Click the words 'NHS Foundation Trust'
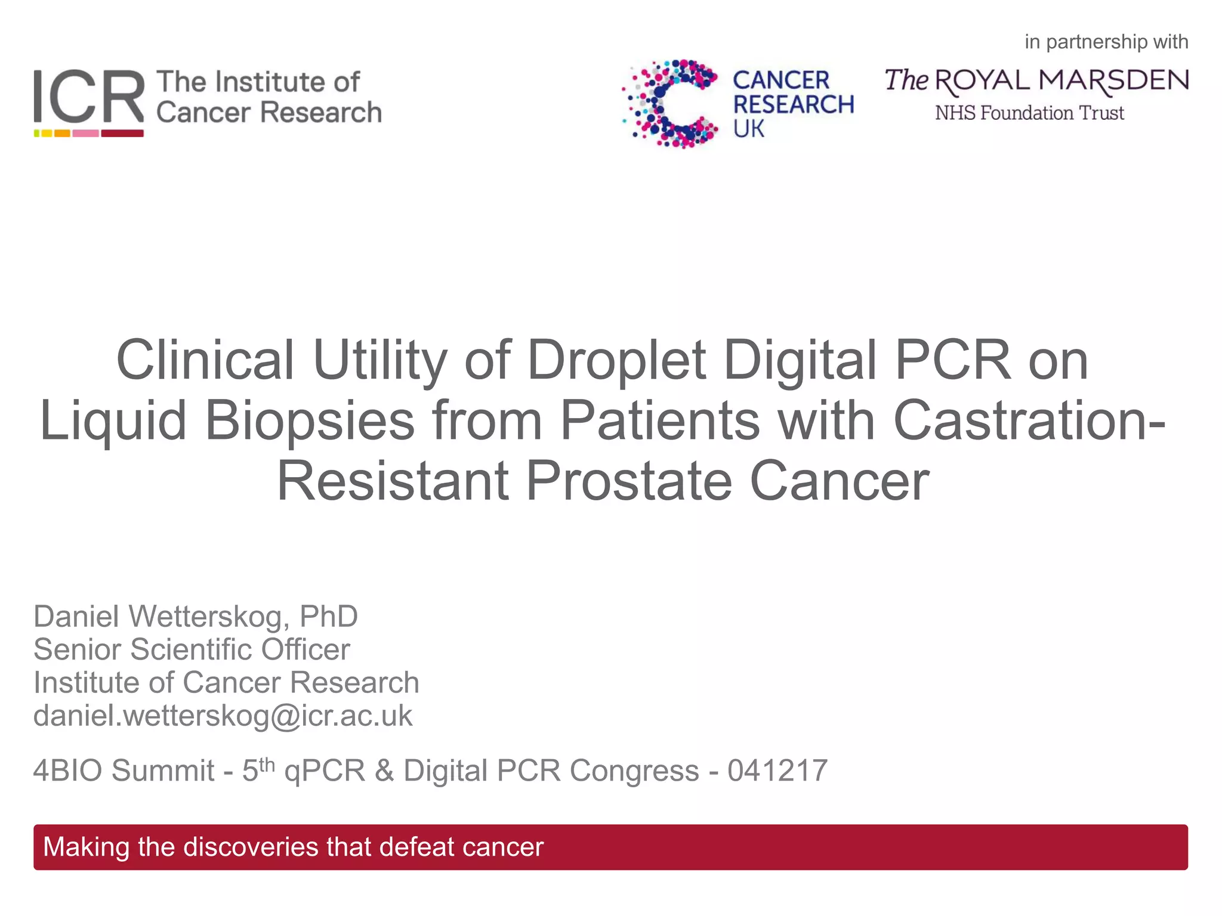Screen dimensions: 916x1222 click(x=1029, y=113)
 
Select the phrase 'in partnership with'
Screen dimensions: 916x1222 click(x=1106, y=42)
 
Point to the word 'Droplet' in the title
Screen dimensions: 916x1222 click(x=616, y=361)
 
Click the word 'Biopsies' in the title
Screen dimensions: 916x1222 click(x=310, y=420)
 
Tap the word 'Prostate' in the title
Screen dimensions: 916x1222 click(x=629, y=481)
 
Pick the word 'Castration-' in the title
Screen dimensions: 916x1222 click(x=1029, y=420)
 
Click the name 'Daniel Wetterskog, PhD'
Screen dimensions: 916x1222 click(x=196, y=616)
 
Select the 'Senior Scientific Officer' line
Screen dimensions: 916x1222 click(x=192, y=649)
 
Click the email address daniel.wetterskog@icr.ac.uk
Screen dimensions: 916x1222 click(x=223, y=716)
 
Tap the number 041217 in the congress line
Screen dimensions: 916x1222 click(x=777, y=770)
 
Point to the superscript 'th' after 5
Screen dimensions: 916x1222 click(x=267, y=763)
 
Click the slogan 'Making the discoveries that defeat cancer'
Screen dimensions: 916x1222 click(x=293, y=847)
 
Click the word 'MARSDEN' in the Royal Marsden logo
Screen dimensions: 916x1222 click(x=1113, y=81)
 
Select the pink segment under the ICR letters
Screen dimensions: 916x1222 click(x=85, y=134)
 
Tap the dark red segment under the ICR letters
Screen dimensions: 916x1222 click(x=122, y=134)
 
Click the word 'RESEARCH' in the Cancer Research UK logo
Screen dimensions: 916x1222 click(x=794, y=104)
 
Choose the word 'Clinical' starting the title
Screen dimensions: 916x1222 click(x=205, y=361)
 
